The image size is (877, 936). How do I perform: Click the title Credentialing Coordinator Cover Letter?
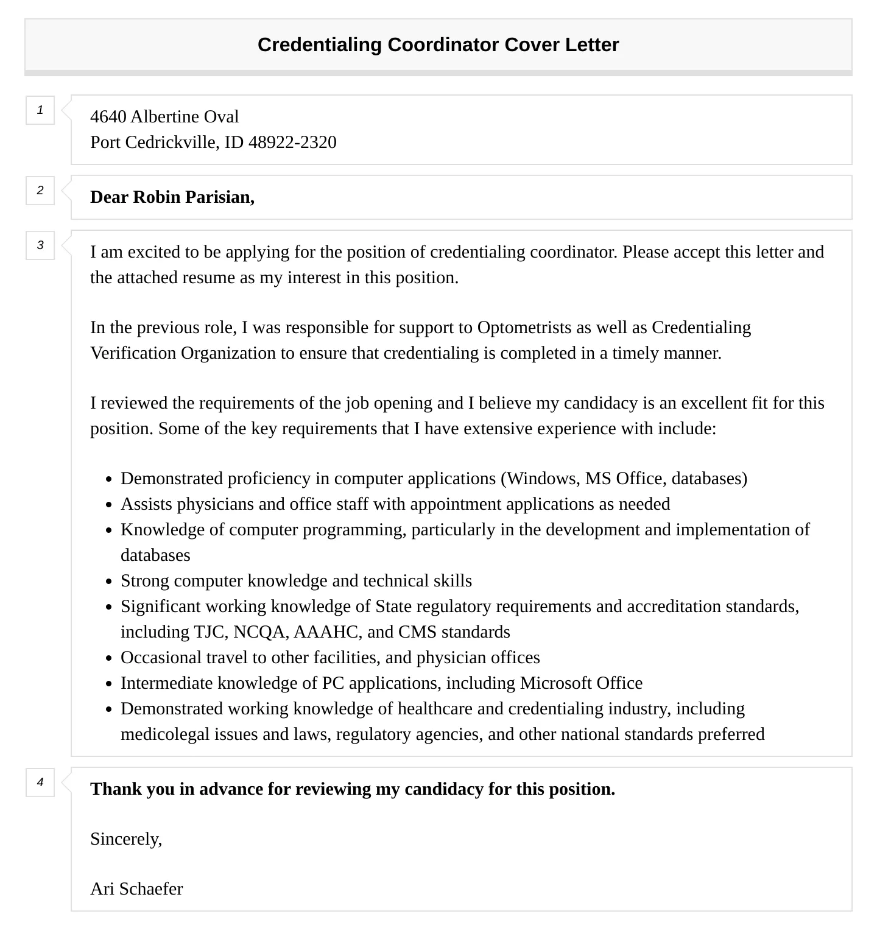click(x=438, y=44)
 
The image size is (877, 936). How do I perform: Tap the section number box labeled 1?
click(x=40, y=110)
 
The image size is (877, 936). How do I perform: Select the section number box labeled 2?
click(x=40, y=191)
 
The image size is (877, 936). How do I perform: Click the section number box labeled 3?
click(x=40, y=245)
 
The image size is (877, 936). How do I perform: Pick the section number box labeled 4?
click(x=40, y=783)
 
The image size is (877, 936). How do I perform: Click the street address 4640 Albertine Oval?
click(x=164, y=116)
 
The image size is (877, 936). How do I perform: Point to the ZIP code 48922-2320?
click(x=292, y=142)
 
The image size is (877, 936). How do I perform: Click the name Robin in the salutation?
click(x=157, y=197)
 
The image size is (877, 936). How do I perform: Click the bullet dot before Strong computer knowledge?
click(x=108, y=582)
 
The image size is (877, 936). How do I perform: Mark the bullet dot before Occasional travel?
click(x=108, y=658)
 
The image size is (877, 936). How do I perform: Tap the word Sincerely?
click(x=125, y=839)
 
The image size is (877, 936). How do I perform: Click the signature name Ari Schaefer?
click(x=136, y=888)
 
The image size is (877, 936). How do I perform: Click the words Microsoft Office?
click(x=581, y=683)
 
